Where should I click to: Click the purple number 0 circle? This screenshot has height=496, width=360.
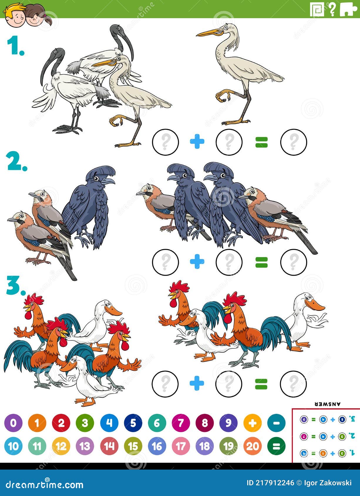13,423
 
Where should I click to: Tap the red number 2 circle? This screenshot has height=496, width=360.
61,423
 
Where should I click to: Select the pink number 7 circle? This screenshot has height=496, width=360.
181,423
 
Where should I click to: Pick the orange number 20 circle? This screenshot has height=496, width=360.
252,446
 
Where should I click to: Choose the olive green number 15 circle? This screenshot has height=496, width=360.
133,446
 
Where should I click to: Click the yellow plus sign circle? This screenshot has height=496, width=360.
252,423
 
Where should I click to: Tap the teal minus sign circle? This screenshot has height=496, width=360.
276,423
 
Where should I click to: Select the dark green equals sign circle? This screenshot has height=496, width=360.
276,446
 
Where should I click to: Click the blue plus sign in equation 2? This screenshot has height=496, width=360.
197,262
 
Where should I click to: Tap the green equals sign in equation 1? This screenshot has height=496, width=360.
261,142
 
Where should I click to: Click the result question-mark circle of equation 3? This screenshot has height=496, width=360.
293,384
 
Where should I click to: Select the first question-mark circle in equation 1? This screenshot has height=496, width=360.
165,142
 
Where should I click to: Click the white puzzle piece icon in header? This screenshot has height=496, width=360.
349,9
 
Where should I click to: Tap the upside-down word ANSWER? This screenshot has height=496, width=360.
327,404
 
